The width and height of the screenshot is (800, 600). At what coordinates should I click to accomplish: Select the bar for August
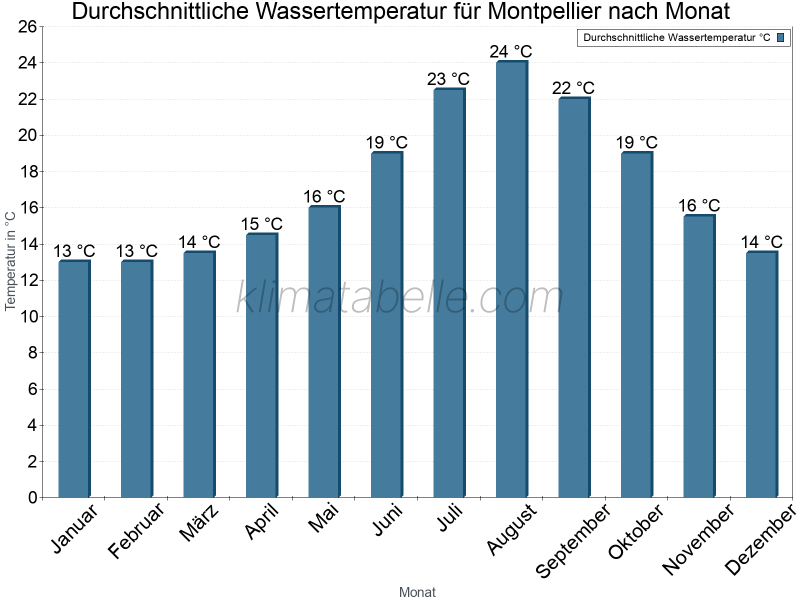click(511, 280)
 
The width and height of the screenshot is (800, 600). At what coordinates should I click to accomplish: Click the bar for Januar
click(74, 380)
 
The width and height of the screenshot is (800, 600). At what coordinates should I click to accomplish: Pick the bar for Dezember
click(761, 375)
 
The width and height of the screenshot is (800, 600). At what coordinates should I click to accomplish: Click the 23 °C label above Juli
click(448, 79)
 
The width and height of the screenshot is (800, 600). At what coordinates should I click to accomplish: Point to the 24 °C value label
click(511, 51)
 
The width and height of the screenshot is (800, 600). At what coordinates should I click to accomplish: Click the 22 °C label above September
click(573, 88)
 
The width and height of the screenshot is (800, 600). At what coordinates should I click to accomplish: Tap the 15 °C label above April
click(261, 224)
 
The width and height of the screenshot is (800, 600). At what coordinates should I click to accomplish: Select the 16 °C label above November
click(699, 205)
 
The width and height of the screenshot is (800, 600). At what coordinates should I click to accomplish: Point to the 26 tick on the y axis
click(27, 26)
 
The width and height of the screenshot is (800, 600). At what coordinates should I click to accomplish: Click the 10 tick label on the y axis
click(27, 316)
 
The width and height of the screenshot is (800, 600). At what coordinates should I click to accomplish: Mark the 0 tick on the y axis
click(33, 497)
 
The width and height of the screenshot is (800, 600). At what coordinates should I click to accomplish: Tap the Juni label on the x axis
click(388, 520)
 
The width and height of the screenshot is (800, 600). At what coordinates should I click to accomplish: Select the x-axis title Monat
click(417, 592)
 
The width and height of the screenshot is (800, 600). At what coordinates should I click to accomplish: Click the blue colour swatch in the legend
click(780, 37)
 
